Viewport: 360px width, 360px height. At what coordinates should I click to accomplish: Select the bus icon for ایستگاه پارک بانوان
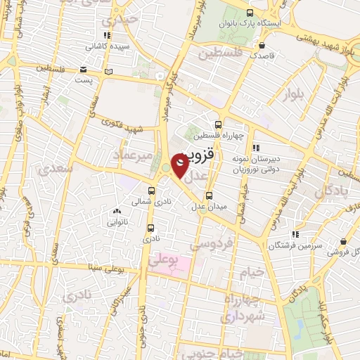point(250,13)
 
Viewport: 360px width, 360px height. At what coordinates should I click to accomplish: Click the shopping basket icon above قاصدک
point(263,44)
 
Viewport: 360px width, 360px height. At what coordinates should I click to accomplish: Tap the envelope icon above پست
point(84,69)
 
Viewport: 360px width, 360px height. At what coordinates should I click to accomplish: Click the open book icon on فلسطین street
point(107,71)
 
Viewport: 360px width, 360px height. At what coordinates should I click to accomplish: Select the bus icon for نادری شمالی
point(151,190)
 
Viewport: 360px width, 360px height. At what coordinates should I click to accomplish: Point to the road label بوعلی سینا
point(105,267)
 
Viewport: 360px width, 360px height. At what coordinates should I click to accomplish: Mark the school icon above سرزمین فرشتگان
point(296,233)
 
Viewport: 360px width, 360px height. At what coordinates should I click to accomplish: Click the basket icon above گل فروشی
point(342,241)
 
